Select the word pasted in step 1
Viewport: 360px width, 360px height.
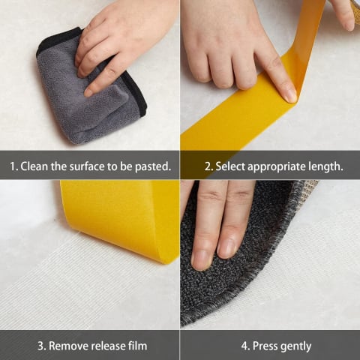153,166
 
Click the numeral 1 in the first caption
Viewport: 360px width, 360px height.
13,166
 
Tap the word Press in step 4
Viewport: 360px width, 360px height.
265,346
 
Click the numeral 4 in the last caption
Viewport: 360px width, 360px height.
245,346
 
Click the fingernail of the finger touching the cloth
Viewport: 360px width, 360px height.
88,94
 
